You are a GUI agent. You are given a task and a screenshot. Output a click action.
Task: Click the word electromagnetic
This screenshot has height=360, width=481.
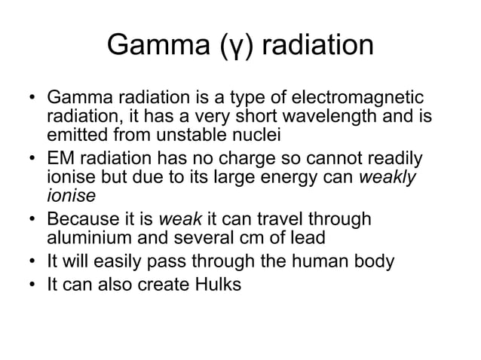pyautogui.click(x=359, y=99)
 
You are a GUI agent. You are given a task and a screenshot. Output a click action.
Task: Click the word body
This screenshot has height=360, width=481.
pyautogui.click(x=366, y=263)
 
